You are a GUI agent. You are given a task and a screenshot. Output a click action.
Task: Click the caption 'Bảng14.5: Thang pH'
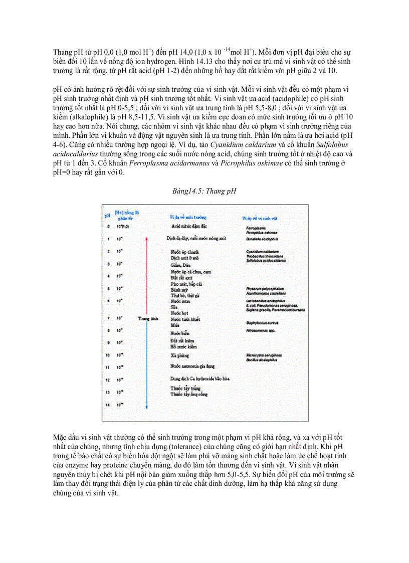(204, 191)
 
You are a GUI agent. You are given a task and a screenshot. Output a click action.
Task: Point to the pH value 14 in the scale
(107, 404)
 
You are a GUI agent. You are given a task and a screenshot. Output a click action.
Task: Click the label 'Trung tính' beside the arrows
(147, 318)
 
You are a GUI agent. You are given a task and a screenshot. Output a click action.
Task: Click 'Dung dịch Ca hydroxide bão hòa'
(198, 380)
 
